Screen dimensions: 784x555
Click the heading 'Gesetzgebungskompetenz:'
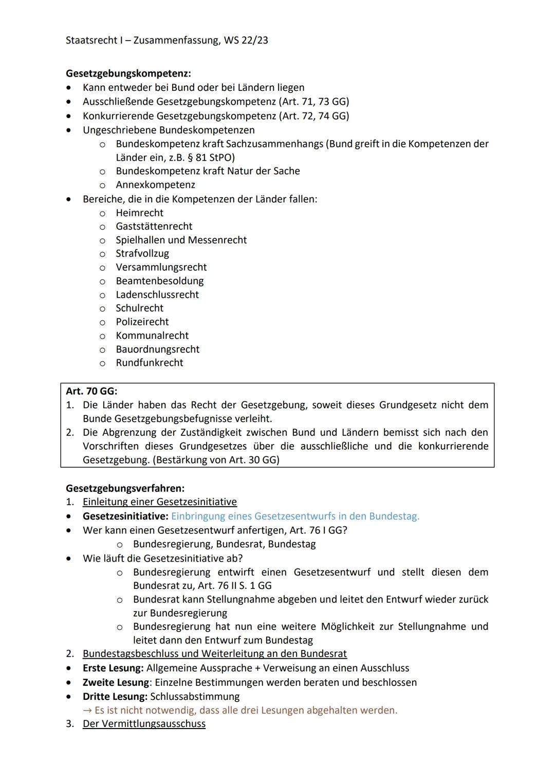pyautogui.click(x=128, y=73)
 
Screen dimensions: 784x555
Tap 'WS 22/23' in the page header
pyautogui.click(x=246, y=40)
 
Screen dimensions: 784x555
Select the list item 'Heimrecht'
pyautogui.click(x=139, y=213)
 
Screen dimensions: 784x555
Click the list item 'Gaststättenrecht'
pyautogui.click(x=154, y=226)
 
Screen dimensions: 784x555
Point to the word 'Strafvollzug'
pyautogui.click(x=142, y=254)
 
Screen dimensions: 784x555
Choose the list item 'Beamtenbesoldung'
pyautogui.click(x=159, y=281)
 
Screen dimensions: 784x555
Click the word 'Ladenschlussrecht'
pyautogui.click(x=157, y=295)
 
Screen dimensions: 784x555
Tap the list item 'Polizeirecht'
pyautogui.click(x=142, y=322)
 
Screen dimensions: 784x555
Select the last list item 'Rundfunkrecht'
pyautogui.click(x=149, y=363)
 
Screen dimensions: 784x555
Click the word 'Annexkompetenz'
pyautogui.click(x=155, y=185)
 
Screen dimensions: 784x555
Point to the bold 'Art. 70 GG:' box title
pyautogui.click(x=91, y=391)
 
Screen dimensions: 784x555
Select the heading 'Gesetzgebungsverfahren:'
pyautogui.click(x=125, y=488)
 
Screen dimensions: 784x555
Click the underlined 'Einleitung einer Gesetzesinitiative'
pyautogui.click(x=159, y=502)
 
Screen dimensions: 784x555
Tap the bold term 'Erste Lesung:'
pyautogui.click(x=113, y=668)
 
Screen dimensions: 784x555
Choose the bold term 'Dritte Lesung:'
pyautogui.click(x=115, y=697)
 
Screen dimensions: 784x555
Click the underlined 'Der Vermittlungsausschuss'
pyautogui.click(x=144, y=724)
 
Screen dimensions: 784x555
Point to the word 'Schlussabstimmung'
pyautogui.click(x=195, y=697)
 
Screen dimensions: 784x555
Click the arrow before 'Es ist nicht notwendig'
pyautogui.click(x=87, y=711)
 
